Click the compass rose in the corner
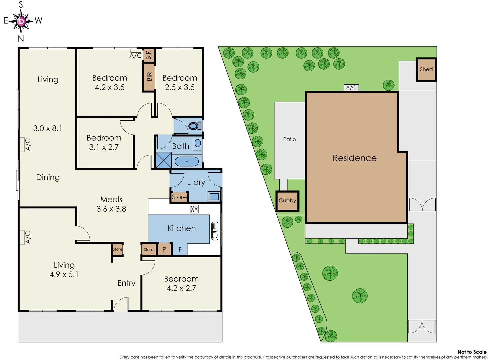click(x=21, y=21)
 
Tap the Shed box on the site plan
click(x=426, y=69)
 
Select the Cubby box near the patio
click(x=287, y=201)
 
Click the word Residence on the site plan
click(x=355, y=158)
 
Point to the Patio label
click(x=289, y=139)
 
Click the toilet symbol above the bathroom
click(x=194, y=126)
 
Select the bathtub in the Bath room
click(x=187, y=162)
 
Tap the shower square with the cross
click(x=164, y=160)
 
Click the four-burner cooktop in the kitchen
click(x=194, y=209)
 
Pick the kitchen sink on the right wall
click(x=215, y=231)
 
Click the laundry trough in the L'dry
click(x=214, y=196)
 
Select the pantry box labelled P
click(x=164, y=249)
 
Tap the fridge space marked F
click(x=180, y=249)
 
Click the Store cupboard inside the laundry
click(x=179, y=197)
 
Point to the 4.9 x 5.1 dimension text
click(x=64, y=274)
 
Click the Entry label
click(x=126, y=283)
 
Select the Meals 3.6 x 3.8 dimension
click(x=111, y=209)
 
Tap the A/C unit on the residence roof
click(x=351, y=88)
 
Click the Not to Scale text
click(x=472, y=352)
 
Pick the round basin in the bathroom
click(x=198, y=143)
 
